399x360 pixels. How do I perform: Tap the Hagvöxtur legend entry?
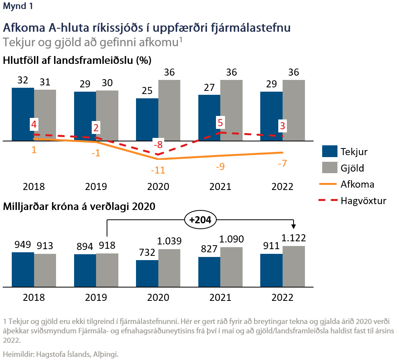(354, 201)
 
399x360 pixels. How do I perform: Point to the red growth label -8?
(158, 145)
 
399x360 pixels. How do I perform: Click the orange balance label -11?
(158, 170)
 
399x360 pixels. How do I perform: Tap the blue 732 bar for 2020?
(147, 273)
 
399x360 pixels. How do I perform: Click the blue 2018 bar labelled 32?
(23, 114)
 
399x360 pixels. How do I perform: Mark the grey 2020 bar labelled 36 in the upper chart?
(169, 110)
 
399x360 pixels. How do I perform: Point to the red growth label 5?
(220, 123)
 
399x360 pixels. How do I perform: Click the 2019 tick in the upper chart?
(96, 186)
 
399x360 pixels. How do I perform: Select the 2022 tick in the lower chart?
(282, 297)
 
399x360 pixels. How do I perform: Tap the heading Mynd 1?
(17, 6)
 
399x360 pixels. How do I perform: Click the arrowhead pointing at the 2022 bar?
(294, 227)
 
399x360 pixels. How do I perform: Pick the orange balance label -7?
(282, 164)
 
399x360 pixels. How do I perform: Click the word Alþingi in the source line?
(105, 354)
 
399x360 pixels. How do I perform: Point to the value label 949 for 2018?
(23, 245)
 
